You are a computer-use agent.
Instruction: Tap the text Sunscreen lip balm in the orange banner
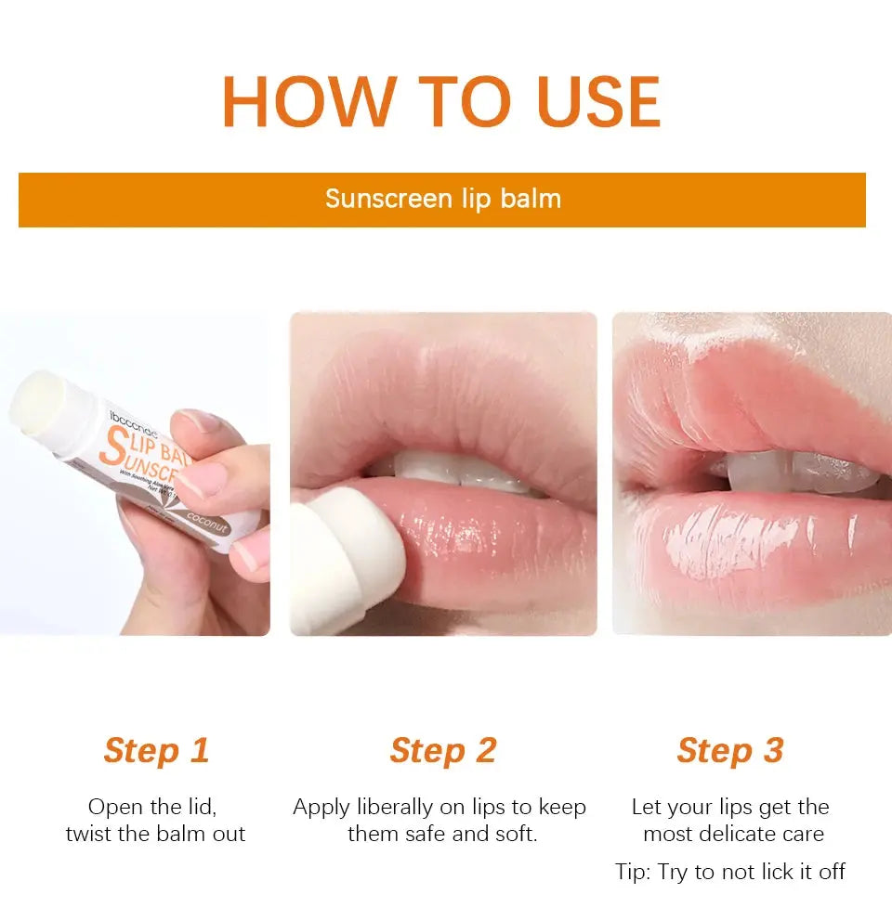coord(442,199)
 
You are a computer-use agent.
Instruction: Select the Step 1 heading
coord(156,750)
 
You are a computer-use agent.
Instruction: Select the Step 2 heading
coord(443,750)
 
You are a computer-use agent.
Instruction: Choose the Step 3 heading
coord(730,750)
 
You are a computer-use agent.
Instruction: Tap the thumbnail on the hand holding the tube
coord(205,479)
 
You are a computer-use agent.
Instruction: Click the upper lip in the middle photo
coord(446,399)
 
